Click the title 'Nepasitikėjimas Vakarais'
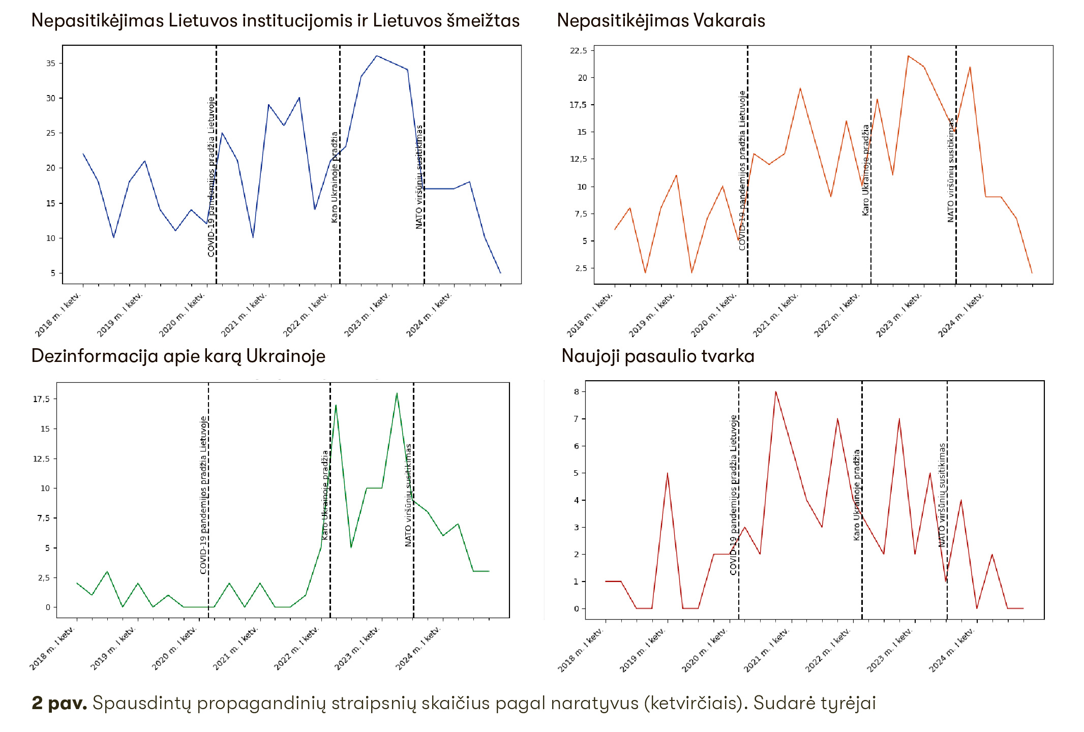click(660, 21)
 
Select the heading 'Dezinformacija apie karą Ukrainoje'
click(178, 356)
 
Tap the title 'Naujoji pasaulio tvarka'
click(657, 356)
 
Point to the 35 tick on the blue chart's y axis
click(51, 64)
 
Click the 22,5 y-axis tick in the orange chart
click(579, 51)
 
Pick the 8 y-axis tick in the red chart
click(577, 392)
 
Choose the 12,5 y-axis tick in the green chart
click(42, 459)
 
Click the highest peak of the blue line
click(376, 56)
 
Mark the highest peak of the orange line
click(908, 56)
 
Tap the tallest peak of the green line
click(397, 393)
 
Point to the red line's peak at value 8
click(775, 391)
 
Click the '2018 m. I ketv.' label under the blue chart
click(57, 315)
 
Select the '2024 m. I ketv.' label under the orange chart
click(960, 315)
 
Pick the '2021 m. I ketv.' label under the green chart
click(235, 649)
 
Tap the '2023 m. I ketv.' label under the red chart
click(889, 650)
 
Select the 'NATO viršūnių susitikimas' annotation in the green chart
click(408, 495)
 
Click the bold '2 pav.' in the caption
click(59, 703)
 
